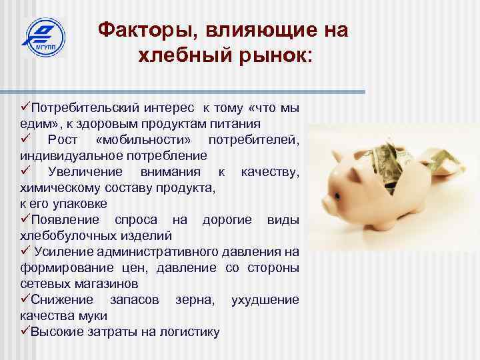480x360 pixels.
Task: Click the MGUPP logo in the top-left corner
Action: click(x=43, y=38)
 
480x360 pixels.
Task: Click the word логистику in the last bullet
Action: click(x=189, y=332)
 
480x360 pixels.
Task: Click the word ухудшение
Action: click(x=265, y=300)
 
